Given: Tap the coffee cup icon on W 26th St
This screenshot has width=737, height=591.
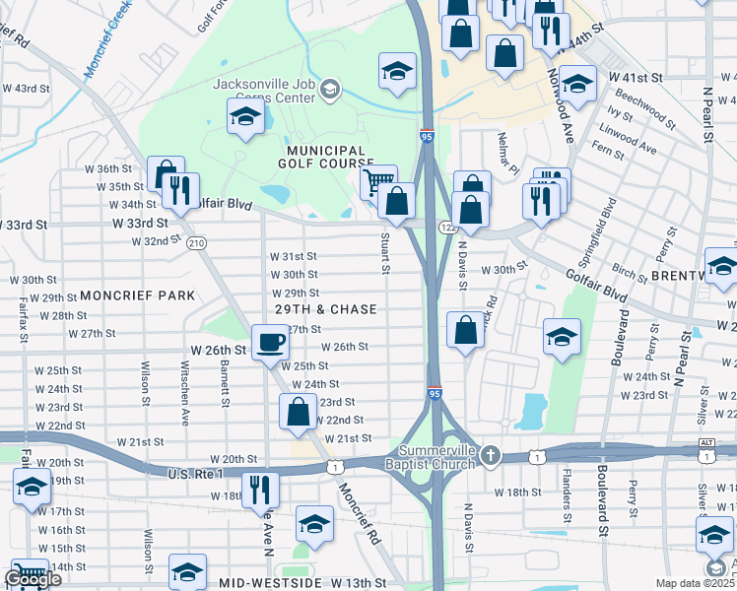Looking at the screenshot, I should [x=271, y=344].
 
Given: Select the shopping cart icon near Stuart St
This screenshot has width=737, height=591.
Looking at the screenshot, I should [x=378, y=182].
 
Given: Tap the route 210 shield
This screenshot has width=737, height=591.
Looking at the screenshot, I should [x=196, y=242].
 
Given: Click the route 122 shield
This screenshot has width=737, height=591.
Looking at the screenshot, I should [x=445, y=228].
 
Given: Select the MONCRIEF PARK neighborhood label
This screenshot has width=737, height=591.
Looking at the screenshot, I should [x=137, y=295].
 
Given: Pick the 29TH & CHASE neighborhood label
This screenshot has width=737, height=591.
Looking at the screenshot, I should [x=326, y=309].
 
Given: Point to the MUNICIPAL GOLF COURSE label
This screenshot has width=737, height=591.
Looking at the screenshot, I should [x=326, y=157].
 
